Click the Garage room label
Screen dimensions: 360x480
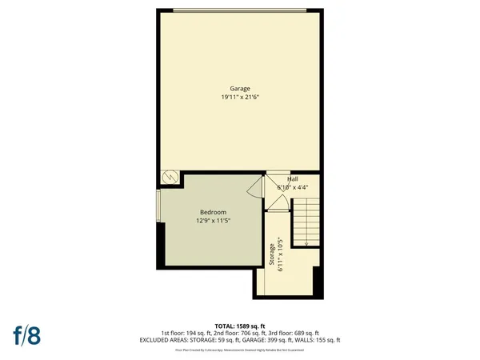tap(240, 89)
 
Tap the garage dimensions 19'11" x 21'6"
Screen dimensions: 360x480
tap(240, 97)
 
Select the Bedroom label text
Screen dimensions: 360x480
tap(213, 211)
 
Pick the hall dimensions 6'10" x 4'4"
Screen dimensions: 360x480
tap(292, 188)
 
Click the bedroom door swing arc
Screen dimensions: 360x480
tap(254, 189)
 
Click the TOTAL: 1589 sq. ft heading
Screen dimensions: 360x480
tap(240, 326)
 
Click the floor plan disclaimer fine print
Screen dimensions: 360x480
tap(240, 350)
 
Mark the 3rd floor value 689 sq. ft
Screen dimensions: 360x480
tap(303, 333)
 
